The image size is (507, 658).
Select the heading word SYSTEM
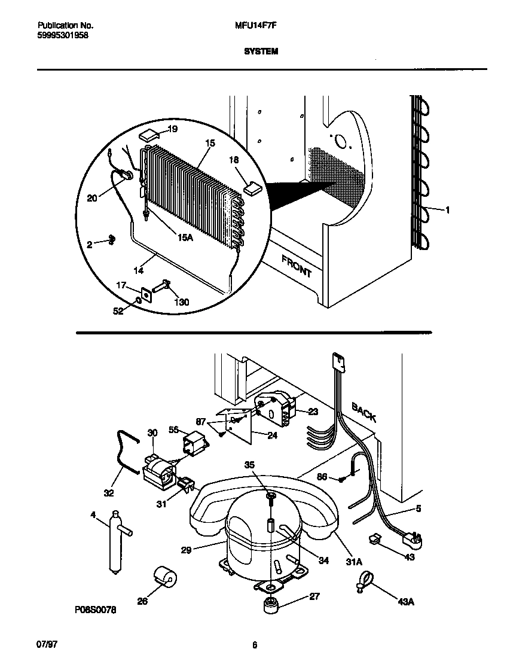point(261,52)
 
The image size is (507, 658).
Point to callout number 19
point(172,129)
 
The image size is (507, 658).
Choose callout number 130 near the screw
point(181,302)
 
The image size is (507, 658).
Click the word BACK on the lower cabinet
point(364,412)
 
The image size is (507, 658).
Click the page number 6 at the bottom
point(255,645)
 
